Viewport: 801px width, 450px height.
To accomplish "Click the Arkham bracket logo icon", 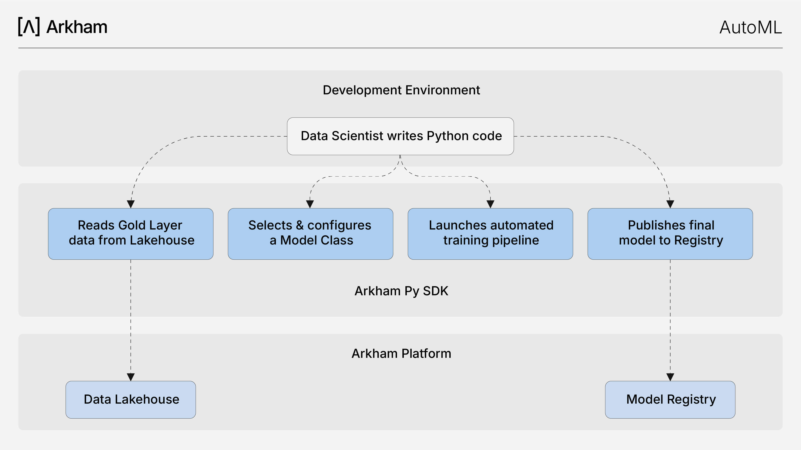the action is [29, 27].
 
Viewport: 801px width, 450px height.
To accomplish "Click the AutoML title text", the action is [751, 27].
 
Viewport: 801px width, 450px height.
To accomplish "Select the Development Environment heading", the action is [401, 90].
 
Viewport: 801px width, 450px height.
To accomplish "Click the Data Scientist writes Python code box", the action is [400, 136].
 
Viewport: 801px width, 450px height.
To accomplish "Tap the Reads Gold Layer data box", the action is [131, 234].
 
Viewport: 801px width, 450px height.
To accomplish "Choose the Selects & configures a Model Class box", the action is [310, 234].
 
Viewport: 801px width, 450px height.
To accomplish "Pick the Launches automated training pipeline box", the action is [490, 234].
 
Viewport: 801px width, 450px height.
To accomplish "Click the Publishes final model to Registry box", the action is [670, 234].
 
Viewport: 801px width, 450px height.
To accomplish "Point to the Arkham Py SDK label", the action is [401, 291].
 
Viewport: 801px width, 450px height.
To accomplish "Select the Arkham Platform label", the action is [401, 353].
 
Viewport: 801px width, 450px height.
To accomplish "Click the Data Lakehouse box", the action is [131, 400].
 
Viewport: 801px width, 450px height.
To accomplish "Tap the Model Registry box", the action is [670, 400].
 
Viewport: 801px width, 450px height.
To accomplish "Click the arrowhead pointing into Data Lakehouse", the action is [131, 377].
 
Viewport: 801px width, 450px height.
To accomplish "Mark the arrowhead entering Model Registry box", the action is [670, 377].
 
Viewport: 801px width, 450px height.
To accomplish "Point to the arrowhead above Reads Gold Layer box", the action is [131, 204].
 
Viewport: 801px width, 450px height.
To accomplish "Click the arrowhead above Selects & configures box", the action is [310, 204].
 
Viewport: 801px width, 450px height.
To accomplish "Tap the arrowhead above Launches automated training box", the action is [490, 204].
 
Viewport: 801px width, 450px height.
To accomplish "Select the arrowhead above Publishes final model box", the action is [670, 204].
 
